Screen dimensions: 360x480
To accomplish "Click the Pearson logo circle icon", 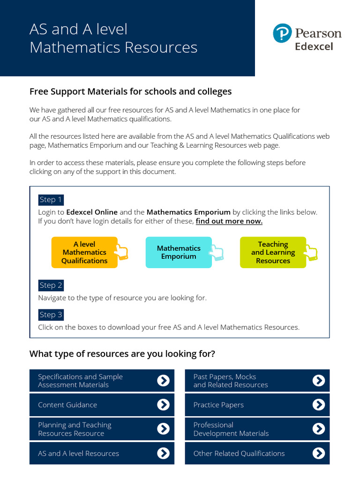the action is coord(282,34).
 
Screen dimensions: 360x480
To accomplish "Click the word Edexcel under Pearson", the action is coord(314,46).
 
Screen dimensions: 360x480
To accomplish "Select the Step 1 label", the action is coord(51,200).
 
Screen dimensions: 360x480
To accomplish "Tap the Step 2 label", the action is coord(51,285).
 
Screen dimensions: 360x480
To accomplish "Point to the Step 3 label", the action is coord(51,315).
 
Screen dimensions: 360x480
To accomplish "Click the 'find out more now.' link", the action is coord(229,221).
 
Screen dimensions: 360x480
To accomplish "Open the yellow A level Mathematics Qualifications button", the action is coord(84,252).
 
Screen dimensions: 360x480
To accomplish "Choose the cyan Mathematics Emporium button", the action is coord(179,252).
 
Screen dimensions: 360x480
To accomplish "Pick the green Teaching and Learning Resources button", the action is coord(273,252).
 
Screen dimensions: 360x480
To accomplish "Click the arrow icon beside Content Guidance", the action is coord(163,405).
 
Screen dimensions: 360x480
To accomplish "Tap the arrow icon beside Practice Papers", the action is coord(318,405).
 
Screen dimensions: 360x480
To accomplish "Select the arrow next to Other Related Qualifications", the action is coord(318,453).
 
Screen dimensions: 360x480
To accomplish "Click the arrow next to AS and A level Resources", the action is coord(163,453).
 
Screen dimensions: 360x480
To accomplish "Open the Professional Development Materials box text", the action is coord(231,429).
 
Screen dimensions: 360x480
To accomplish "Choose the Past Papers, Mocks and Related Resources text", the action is coord(231,381).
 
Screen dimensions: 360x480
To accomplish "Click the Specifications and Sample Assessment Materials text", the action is coord(80,381).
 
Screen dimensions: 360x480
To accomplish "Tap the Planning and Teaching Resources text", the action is coord(75,429).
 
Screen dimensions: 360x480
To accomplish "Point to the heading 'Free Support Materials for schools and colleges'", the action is coord(130,91).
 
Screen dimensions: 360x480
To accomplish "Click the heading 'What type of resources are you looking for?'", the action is coord(122,353).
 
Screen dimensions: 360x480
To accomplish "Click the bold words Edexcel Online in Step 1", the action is coord(92,212).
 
